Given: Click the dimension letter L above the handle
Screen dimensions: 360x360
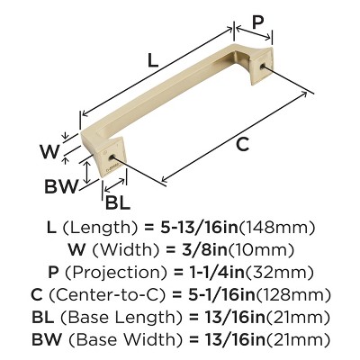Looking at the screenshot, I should (x=153, y=61).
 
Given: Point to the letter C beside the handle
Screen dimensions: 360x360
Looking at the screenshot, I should (x=238, y=145).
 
